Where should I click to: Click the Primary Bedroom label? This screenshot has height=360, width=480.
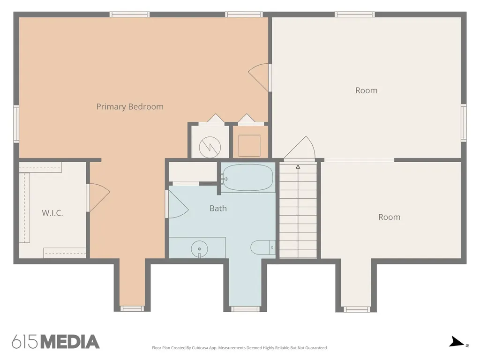[x=130, y=106]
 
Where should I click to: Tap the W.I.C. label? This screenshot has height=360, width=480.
[x=52, y=213]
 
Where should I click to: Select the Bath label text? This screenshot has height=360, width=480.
[x=218, y=208]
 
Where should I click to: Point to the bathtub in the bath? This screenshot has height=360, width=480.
[x=247, y=178]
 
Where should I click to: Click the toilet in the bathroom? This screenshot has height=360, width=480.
[x=262, y=247]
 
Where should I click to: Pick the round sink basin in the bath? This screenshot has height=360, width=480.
[x=199, y=248]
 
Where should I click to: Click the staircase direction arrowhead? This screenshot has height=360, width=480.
[x=298, y=167]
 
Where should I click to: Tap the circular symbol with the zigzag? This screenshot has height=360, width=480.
[x=210, y=147]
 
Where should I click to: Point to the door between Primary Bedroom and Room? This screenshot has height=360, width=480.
[x=260, y=77]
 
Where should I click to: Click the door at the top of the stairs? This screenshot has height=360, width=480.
[x=300, y=148]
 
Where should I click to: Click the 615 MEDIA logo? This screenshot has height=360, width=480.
[x=56, y=342]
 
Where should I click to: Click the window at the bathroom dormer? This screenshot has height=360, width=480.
[x=245, y=309]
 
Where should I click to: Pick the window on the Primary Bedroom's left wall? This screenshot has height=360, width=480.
[x=16, y=124]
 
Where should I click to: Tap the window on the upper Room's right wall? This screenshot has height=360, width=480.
[x=464, y=123]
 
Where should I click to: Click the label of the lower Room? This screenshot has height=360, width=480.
[x=389, y=217]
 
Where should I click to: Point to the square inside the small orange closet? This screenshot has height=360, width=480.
[x=249, y=145]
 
